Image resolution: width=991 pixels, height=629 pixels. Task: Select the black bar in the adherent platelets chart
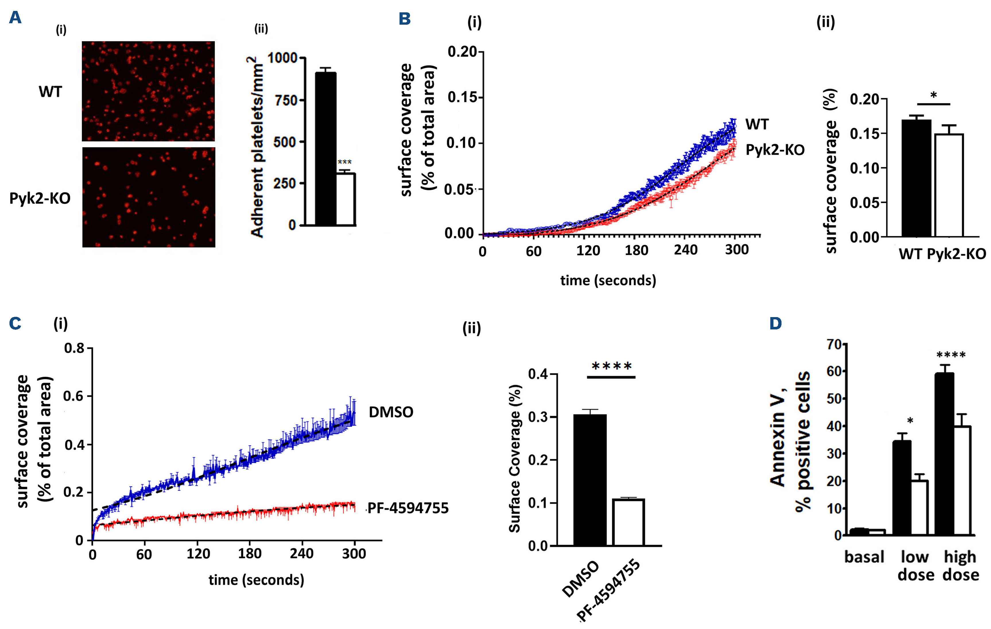[325, 148]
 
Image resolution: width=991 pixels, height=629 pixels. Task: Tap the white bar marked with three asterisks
[346, 199]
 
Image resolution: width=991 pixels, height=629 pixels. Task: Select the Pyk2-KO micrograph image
[149, 197]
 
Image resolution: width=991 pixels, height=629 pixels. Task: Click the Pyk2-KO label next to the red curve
[775, 150]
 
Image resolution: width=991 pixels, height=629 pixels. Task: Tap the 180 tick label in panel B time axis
[636, 250]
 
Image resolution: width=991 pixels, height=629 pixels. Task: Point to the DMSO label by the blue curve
[391, 412]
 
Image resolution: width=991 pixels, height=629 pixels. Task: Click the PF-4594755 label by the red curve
[408, 508]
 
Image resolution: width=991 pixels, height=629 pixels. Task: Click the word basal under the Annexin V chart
[864, 557]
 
